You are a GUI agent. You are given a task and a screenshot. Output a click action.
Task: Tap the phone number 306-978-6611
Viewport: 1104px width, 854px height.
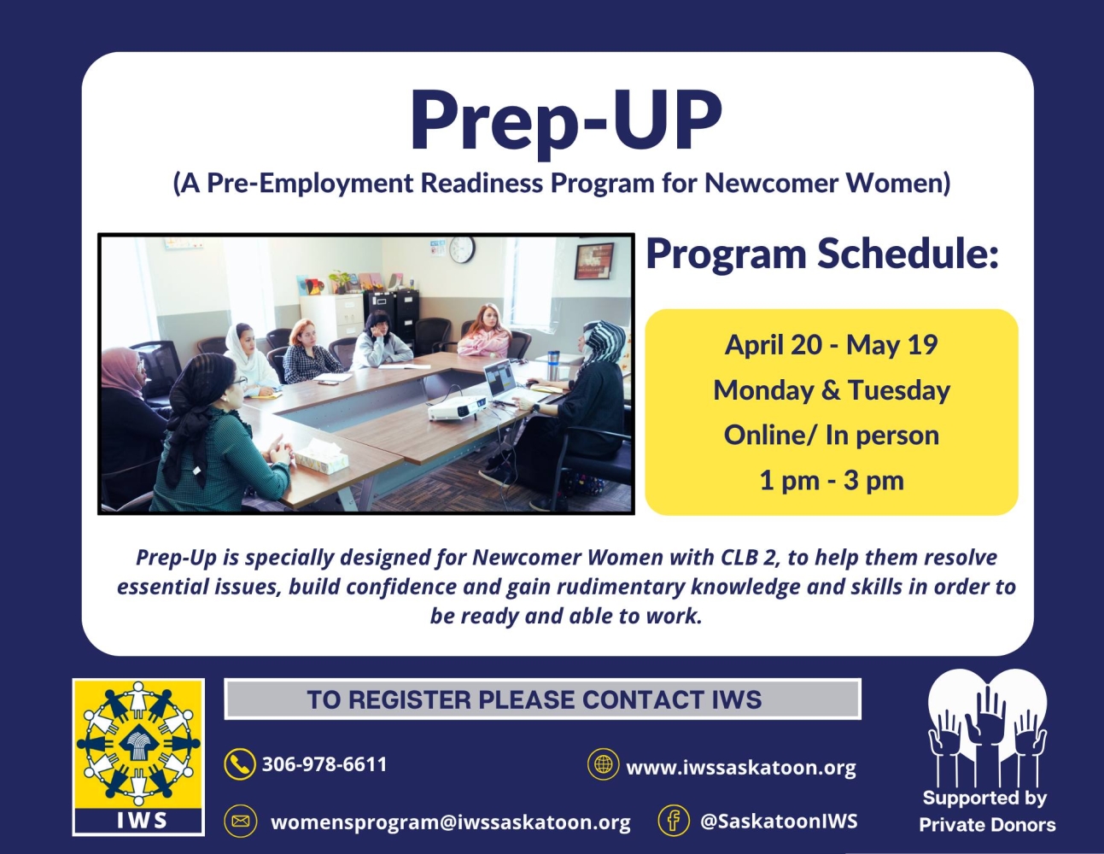(x=324, y=764)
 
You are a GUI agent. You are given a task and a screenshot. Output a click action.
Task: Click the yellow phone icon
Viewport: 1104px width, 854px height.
(x=240, y=764)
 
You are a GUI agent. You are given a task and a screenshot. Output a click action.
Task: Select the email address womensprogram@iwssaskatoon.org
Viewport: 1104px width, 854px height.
(x=450, y=822)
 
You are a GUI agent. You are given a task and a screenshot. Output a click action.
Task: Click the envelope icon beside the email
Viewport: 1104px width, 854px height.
(x=240, y=822)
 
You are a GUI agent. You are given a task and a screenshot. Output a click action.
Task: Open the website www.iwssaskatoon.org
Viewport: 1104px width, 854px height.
(x=740, y=768)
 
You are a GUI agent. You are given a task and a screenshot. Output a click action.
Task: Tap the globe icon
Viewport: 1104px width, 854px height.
(x=604, y=764)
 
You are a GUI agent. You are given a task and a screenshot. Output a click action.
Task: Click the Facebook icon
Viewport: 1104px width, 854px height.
(x=674, y=821)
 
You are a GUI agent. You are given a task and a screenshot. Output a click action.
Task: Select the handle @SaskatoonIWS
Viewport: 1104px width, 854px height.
(x=778, y=822)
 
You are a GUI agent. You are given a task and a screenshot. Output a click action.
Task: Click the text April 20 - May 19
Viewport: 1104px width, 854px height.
(x=831, y=345)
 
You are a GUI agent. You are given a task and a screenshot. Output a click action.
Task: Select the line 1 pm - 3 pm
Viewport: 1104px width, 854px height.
(x=831, y=481)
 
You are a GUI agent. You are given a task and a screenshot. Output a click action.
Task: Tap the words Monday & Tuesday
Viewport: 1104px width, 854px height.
(x=831, y=390)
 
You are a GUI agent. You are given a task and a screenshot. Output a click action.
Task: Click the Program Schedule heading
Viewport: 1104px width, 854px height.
(x=821, y=254)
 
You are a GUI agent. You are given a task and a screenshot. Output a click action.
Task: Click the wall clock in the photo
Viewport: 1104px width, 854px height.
(x=462, y=249)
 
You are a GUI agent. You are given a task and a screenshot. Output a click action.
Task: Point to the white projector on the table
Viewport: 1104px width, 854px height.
(x=457, y=409)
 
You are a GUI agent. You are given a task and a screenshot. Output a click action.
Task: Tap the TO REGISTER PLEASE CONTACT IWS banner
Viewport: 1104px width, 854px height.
(x=542, y=699)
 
